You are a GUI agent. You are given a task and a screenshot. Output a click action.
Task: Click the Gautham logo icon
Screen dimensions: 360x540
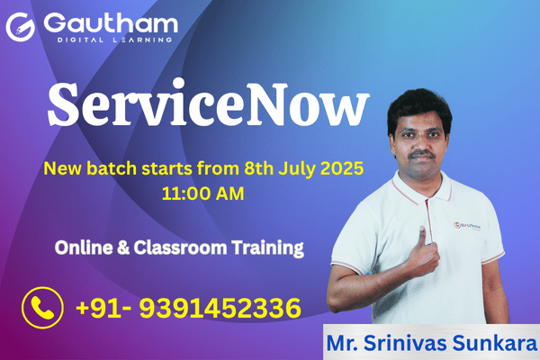pos(19,26)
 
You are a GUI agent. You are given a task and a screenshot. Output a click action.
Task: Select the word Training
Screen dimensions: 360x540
pos(264,246)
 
